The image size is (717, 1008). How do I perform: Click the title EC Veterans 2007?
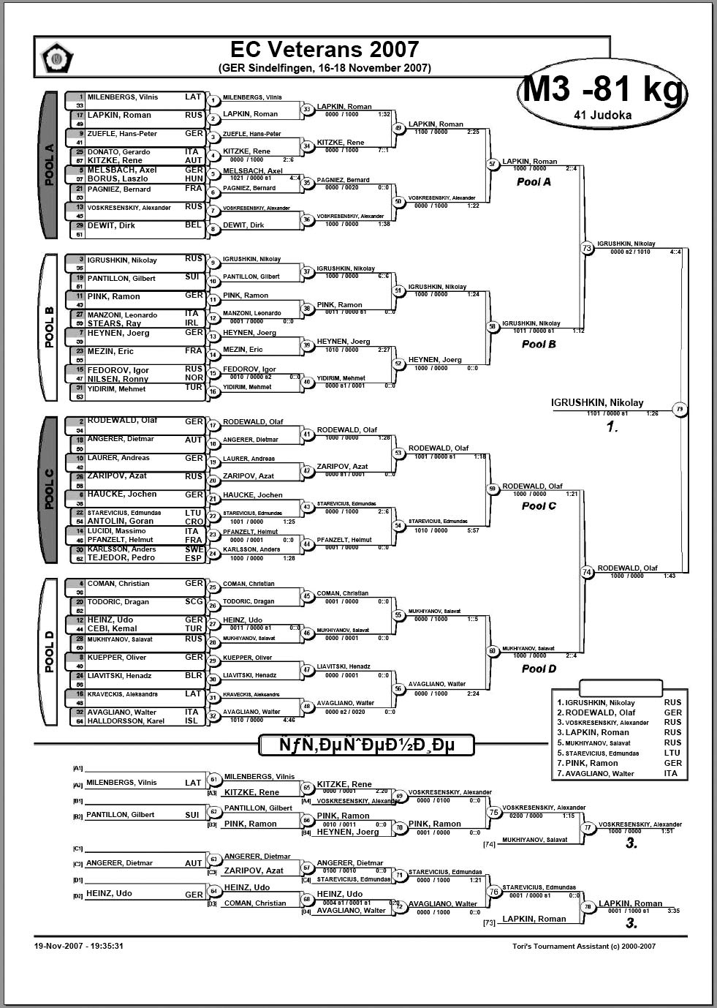[x=325, y=49]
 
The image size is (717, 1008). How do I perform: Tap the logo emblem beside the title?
[x=56, y=57]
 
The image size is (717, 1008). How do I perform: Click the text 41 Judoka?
[x=604, y=115]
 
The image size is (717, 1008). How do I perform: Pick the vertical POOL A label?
[x=50, y=165]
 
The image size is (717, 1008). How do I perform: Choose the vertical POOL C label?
[x=50, y=489]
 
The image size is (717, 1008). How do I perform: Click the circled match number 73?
[x=588, y=248]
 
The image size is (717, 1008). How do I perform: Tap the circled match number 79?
[x=680, y=410]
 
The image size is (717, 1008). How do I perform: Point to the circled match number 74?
[x=588, y=572]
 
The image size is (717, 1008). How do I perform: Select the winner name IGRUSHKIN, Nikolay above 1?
[x=597, y=402]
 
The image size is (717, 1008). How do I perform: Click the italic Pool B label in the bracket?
[x=539, y=344]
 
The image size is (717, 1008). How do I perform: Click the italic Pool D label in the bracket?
[x=539, y=669]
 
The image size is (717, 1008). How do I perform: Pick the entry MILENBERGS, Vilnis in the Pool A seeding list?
[x=123, y=97]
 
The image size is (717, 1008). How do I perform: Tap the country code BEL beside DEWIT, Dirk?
[x=193, y=225]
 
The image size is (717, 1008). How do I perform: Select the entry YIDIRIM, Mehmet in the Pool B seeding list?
[x=116, y=388]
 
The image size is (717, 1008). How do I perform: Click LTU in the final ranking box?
[x=672, y=753]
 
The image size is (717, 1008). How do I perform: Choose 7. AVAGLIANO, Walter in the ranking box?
[x=596, y=773]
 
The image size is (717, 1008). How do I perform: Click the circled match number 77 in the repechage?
[x=588, y=827]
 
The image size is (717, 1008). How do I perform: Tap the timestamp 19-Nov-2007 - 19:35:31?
[x=79, y=946]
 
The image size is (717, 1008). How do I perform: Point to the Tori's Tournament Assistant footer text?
[x=584, y=946]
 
